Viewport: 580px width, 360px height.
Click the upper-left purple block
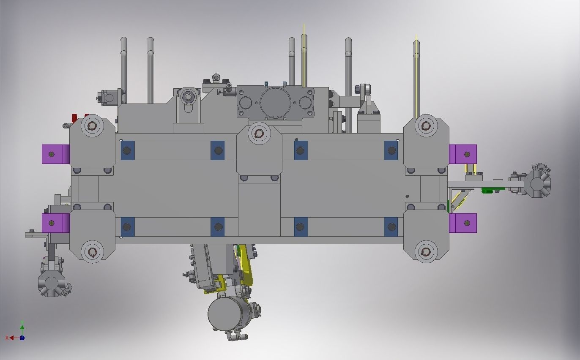click(x=55, y=154)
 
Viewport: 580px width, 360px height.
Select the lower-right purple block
click(x=462, y=223)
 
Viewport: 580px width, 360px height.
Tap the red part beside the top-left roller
click(x=75, y=118)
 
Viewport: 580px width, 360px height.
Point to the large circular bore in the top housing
click(x=275, y=103)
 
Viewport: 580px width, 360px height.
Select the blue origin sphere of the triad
click(x=22, y=338)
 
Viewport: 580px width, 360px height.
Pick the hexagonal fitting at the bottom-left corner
click(x=52, y=283)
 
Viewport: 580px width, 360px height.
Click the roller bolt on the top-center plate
click(x=259, y=134)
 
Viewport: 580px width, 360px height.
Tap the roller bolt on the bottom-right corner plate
click(x=426, y=252)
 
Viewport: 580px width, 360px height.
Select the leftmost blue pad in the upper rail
click(x=128, y=150)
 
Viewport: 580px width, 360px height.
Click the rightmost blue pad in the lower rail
click(x=391, y=227)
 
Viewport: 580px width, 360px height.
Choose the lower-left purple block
click(x=55, y=223)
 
